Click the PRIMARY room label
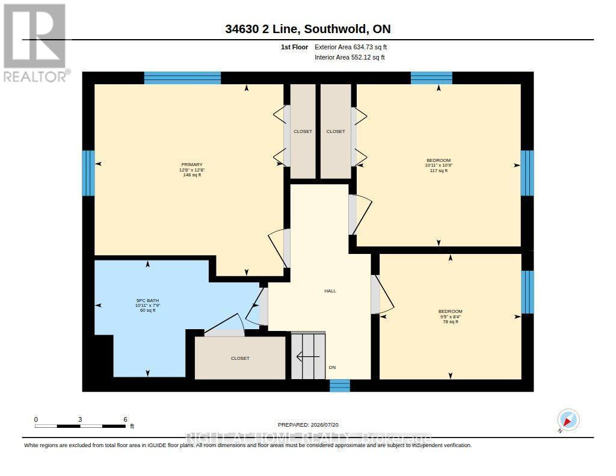(192, 165)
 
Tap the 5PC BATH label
(147, 301)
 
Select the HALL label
(330, 291)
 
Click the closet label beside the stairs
(240, 359)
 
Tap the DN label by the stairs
(332, 368)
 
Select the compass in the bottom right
(568, 420)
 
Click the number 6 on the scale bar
(125, 419)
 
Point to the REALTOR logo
(35, 43)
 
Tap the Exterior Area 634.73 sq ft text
(351, 47)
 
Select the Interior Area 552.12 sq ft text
(350, 57)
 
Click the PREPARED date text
(308, 425)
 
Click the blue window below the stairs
(339, 386)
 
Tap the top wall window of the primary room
(182, 78)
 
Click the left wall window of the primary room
(88, 173)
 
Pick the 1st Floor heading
(294, 47)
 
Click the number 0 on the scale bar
(36, 419)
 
